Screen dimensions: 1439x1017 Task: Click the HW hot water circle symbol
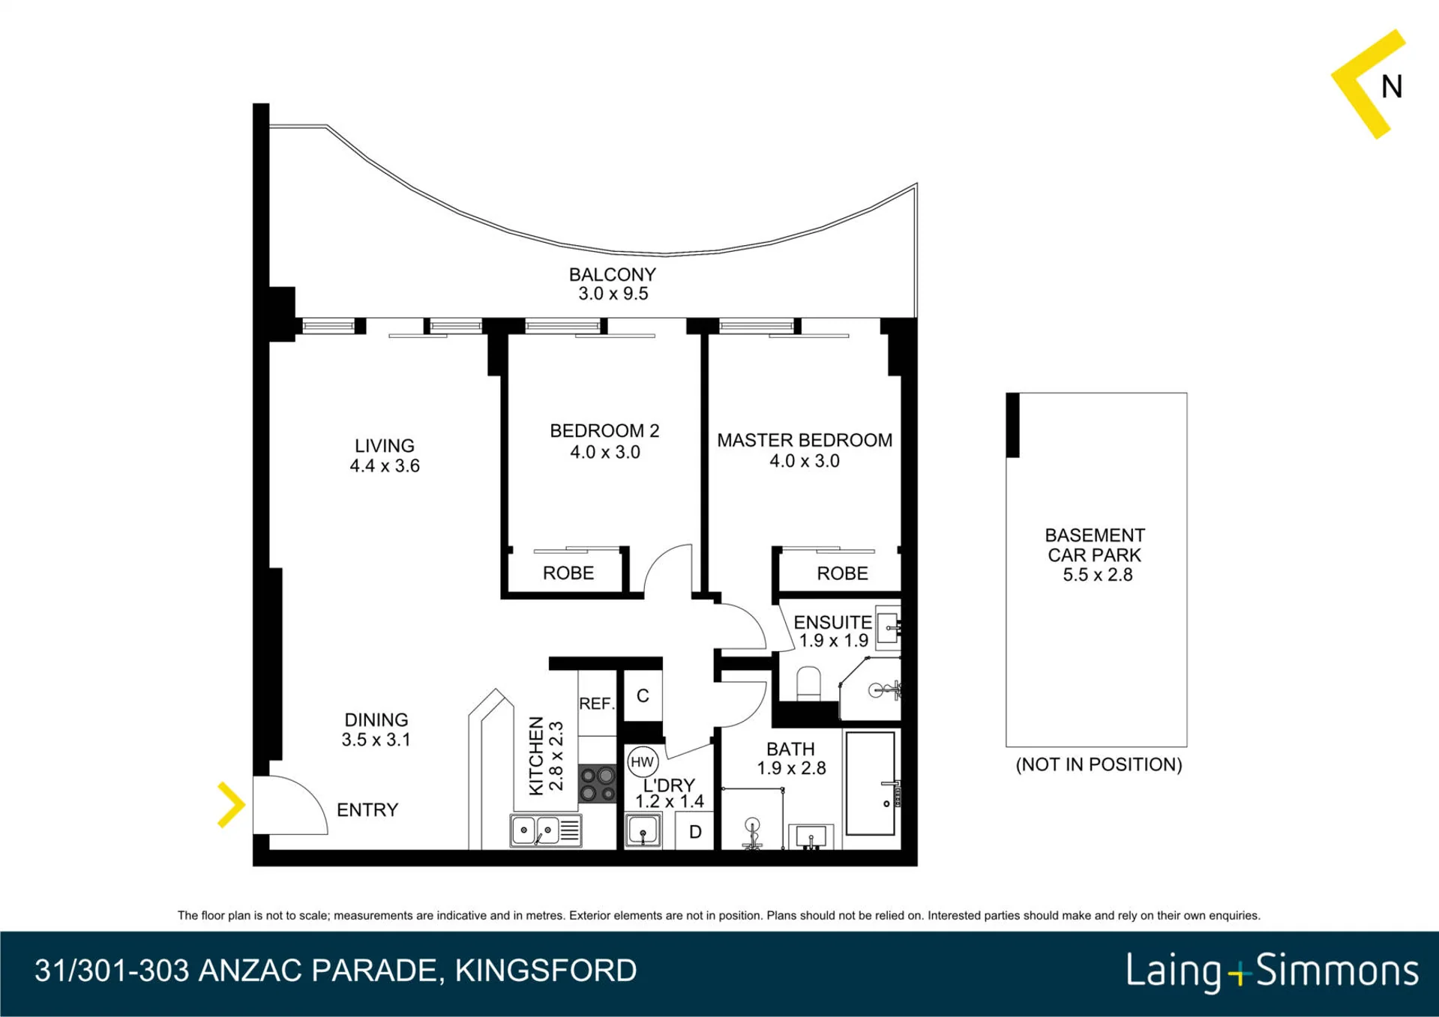click(x=642, y=762)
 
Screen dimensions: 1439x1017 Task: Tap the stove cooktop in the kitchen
click(x=597, y=783)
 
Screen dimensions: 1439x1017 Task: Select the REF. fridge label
click(x=597, y=704)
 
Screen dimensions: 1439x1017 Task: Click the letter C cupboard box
click(x=643, y=695)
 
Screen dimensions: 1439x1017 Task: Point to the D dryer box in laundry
click(x=695, y=831)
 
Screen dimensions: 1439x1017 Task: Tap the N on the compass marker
click(x=1392, y=87)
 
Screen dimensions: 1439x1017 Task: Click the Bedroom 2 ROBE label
click(x=568, y=573)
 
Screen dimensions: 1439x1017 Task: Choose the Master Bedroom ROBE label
click(x=842, y=573)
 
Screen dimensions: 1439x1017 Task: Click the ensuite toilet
click(x=808, y=683)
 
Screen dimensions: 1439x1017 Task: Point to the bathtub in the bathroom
click(x=871, y=783)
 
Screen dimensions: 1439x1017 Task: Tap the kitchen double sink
click(x=546, y=830)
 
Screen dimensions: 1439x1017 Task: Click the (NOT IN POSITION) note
click(x=1099, y=764)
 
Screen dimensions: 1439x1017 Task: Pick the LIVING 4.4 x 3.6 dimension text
click(x=385, y=465)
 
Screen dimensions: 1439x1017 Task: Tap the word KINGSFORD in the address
click(x=546, y=971)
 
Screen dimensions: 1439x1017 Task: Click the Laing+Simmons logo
click(x=1273, y=972)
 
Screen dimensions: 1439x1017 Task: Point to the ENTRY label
click(x=367, y=809)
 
